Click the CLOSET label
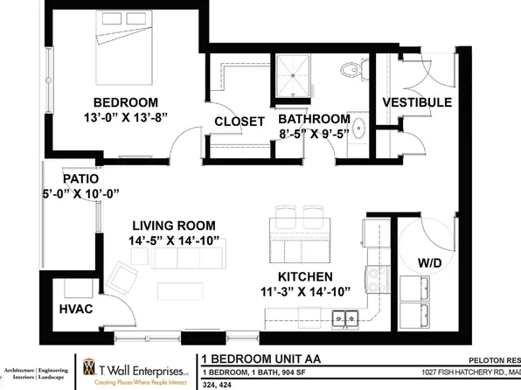(239, 122)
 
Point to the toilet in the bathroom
(353, 66)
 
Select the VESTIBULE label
(417, 102)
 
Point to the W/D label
(427, 262)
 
